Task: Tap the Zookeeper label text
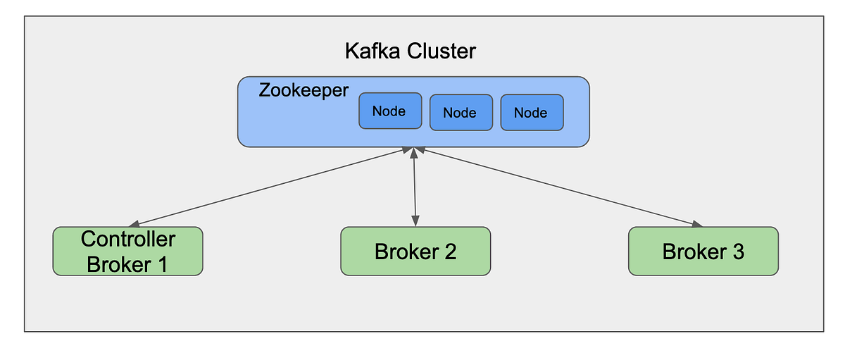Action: (x=303, y=91)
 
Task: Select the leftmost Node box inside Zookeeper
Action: (x=390, y=111)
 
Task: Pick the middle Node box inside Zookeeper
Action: (x=461, y=113)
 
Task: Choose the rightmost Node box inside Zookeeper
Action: (x=532, y=113)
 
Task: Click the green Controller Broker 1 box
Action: (x=127, y=251)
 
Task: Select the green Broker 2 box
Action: (x=415, y=251)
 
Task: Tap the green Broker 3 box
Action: (x=703, y=251)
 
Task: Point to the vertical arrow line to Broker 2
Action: (x=415, y=187)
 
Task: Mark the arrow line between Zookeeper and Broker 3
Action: (x=556, y=187)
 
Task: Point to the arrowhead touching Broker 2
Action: (x=415, y=222)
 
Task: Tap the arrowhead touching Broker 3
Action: (x=696, y=225)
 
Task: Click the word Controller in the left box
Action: (x=127, y=240)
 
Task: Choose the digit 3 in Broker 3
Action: (x=737, y=252)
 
